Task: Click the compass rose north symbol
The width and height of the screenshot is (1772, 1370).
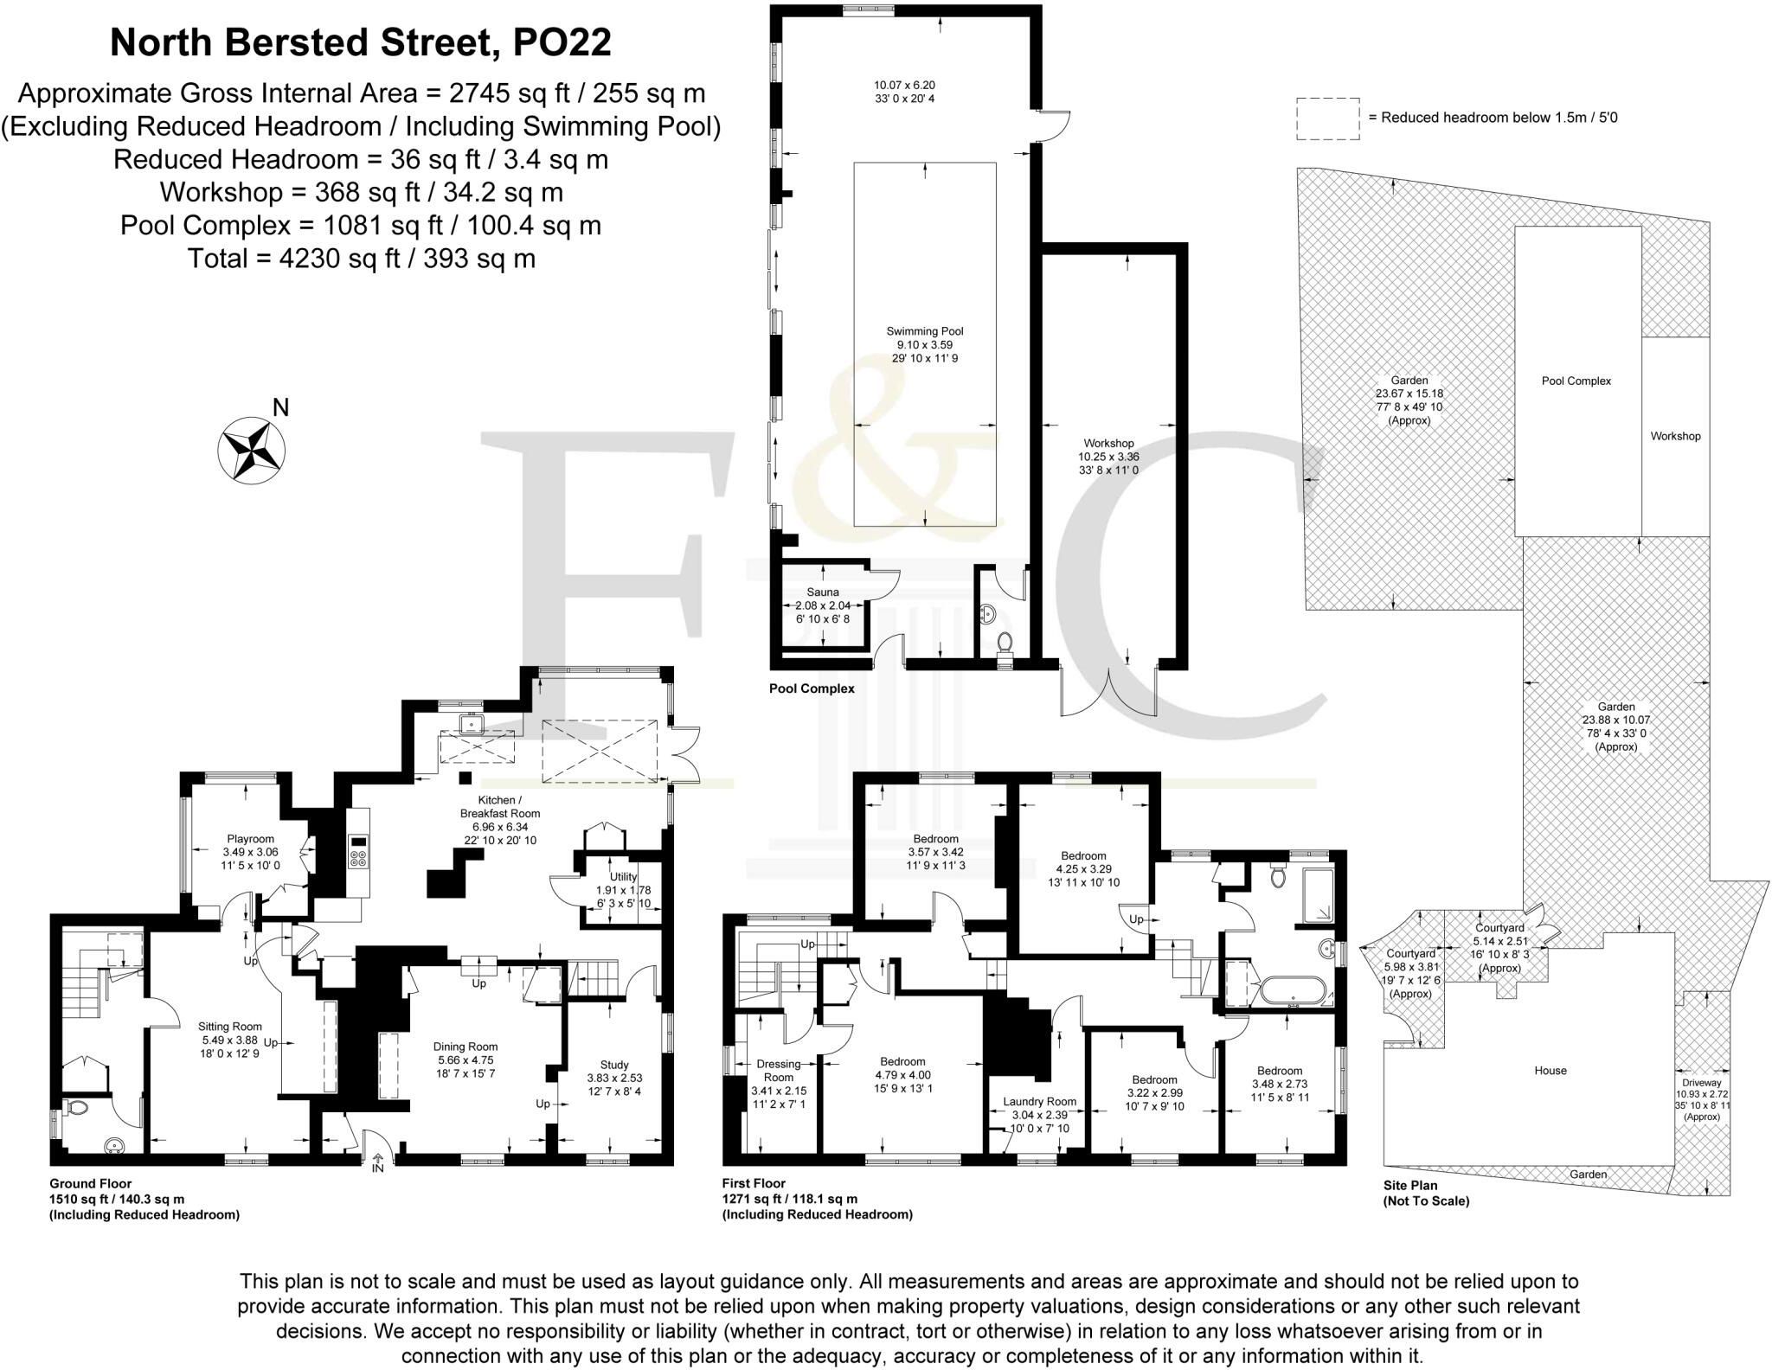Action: pos(252,449)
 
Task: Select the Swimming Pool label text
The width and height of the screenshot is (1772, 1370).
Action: pos(925,331)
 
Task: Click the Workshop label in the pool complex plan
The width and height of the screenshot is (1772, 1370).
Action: pos(1108,444)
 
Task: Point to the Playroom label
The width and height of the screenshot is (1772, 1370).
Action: pos(250,839)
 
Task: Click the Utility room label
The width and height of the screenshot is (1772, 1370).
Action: pos(623,877)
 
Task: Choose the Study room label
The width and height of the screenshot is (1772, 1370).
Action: pos(614,1065)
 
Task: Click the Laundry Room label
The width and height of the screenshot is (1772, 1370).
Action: pos(1039,1102)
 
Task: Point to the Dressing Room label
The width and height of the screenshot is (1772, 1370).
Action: pos(779,1071)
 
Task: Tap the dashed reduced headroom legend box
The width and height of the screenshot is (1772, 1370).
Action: pos(1328,118)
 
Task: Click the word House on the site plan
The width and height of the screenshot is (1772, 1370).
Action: pos(1550,1071)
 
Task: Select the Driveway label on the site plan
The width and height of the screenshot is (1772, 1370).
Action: pos(1702,1083)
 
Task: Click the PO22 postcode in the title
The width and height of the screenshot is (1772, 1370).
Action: pos(562,43)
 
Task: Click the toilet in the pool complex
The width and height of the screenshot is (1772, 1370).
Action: pos(1005,645)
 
